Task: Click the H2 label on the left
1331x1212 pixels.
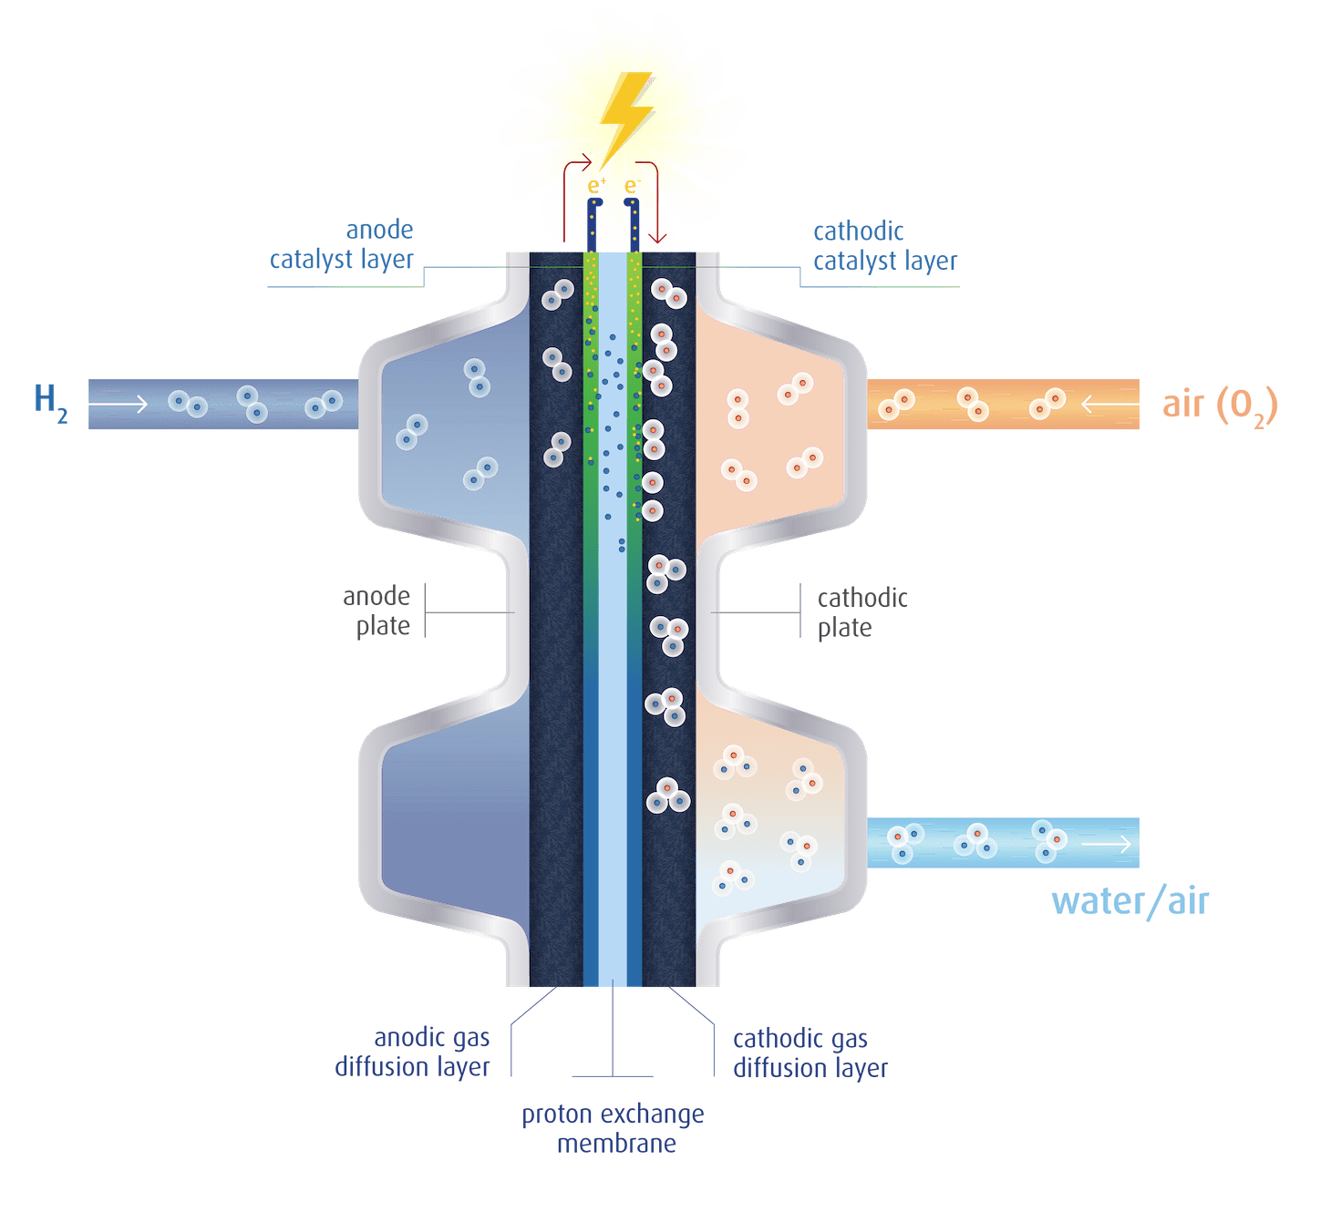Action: point(50,403)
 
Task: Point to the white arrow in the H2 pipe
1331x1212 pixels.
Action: point(118,404)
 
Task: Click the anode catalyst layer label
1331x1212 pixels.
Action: point(342,245)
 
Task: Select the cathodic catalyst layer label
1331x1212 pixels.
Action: point(884,246)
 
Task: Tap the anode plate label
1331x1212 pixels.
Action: point(377,611)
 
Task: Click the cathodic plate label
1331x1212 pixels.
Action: point(862,612)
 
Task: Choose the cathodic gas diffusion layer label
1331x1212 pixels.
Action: point(810,1053)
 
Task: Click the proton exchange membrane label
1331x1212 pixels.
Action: point(613,1128)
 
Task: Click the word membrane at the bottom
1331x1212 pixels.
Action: point(616,1143)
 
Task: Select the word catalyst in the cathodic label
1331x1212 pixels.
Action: point(855,262)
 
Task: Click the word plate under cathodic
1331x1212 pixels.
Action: point(844,628)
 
